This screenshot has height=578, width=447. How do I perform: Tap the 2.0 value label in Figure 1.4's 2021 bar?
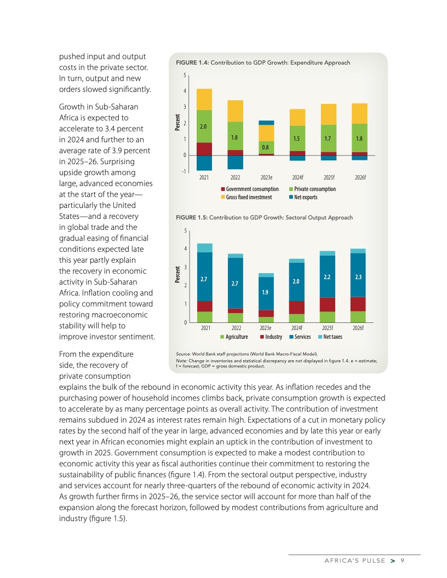pyautogui.click(x=204, y=126)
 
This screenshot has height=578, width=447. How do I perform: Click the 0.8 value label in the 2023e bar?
pyautogui.click(x=266, y=147)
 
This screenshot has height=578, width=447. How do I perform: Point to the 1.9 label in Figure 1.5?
pyautogui.click(x=266, y=292)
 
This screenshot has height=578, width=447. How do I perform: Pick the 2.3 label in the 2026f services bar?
pyautogui.click(x=358, y=277)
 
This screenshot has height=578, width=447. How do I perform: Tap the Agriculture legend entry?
pyautogui.click(x=234, y=336)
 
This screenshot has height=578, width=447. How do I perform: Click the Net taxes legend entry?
pyautogui.click(x=330, y=336)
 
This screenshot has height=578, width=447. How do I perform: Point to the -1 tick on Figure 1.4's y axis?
pyautogui.click(x=185, y=171)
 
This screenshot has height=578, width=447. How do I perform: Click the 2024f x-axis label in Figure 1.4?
pyautogui.click(x=297, y=178)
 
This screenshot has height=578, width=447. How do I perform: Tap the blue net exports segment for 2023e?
pyautogui.click(x=266, y=123)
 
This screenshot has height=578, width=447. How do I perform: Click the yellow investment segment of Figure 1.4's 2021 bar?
pyautogui.click(x=204, y=99)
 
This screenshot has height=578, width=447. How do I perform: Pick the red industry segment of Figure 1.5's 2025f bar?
pyautogui.click(x=328, y=304)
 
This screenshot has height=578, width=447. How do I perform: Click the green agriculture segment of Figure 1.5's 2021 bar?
pyautogui.click(x=204, y=317)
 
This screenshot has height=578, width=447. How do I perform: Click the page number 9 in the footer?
pyautogui.click(x=402, y=560)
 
